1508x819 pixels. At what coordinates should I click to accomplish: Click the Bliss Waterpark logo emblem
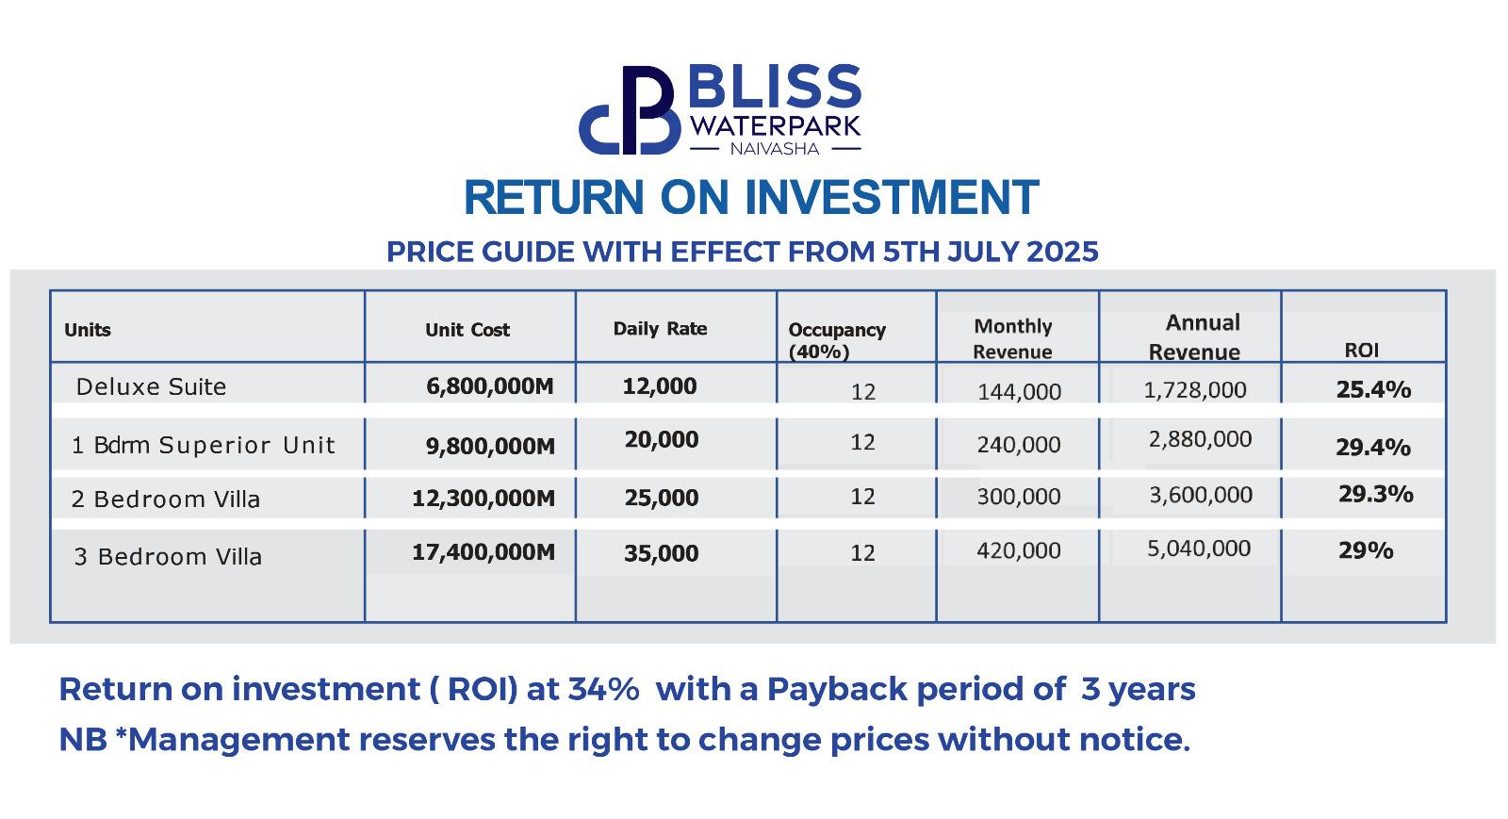click(630, 109)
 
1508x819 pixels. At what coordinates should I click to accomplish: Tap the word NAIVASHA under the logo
click(775, 149)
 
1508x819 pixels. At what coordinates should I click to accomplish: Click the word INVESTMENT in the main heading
click(892, 197)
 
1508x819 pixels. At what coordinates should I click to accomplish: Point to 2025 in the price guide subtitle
click(1062, 252)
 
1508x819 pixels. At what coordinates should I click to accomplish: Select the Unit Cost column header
click(467, 330)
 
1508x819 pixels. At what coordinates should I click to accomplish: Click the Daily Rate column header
click(660, 328)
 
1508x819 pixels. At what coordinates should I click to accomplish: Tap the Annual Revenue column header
click(1194, 337)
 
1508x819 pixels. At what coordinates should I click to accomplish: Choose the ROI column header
click(1361, 350)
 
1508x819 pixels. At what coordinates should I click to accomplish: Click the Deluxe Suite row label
click(151, 387)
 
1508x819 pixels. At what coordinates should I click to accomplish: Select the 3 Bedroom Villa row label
click(168, 557)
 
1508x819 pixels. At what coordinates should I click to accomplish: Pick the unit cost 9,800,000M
click(490, 446)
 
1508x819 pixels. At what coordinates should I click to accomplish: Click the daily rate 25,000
click(661, 498)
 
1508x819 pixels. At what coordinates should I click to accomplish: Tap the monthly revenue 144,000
click(1019, 391)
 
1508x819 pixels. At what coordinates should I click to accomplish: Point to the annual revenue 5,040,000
click(1199, 549)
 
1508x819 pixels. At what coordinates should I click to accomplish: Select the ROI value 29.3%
click(1375, 494)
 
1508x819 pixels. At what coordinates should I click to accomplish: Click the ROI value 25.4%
click(1373, 389)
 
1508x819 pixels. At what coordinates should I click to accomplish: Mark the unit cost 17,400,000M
click(484, 552)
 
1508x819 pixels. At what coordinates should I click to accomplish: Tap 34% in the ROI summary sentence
click(603, 689)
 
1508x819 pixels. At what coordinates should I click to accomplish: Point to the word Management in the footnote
click(238, 740)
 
